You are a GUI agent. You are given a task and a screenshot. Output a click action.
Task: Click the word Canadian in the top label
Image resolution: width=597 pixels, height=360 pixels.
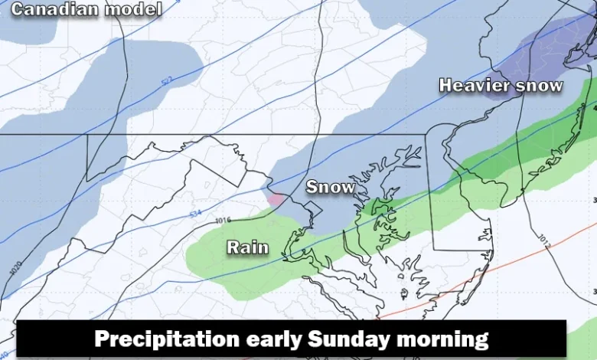(x=53, y=10)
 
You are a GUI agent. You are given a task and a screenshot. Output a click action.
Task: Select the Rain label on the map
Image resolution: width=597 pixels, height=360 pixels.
(x=247, y=247)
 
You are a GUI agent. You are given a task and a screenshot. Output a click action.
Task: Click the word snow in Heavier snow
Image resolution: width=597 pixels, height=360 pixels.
(x=540, y=85)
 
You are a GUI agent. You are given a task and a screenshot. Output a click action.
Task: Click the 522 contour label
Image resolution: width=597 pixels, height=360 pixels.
(x=166, y=80)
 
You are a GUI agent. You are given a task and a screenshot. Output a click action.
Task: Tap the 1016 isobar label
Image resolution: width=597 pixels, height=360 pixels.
(x=223, y=221)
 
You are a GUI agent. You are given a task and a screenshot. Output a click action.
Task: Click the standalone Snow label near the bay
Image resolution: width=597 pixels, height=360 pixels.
(x=331, y=187)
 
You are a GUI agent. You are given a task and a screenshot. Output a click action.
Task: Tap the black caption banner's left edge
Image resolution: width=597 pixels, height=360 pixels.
(x=19, y=339)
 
